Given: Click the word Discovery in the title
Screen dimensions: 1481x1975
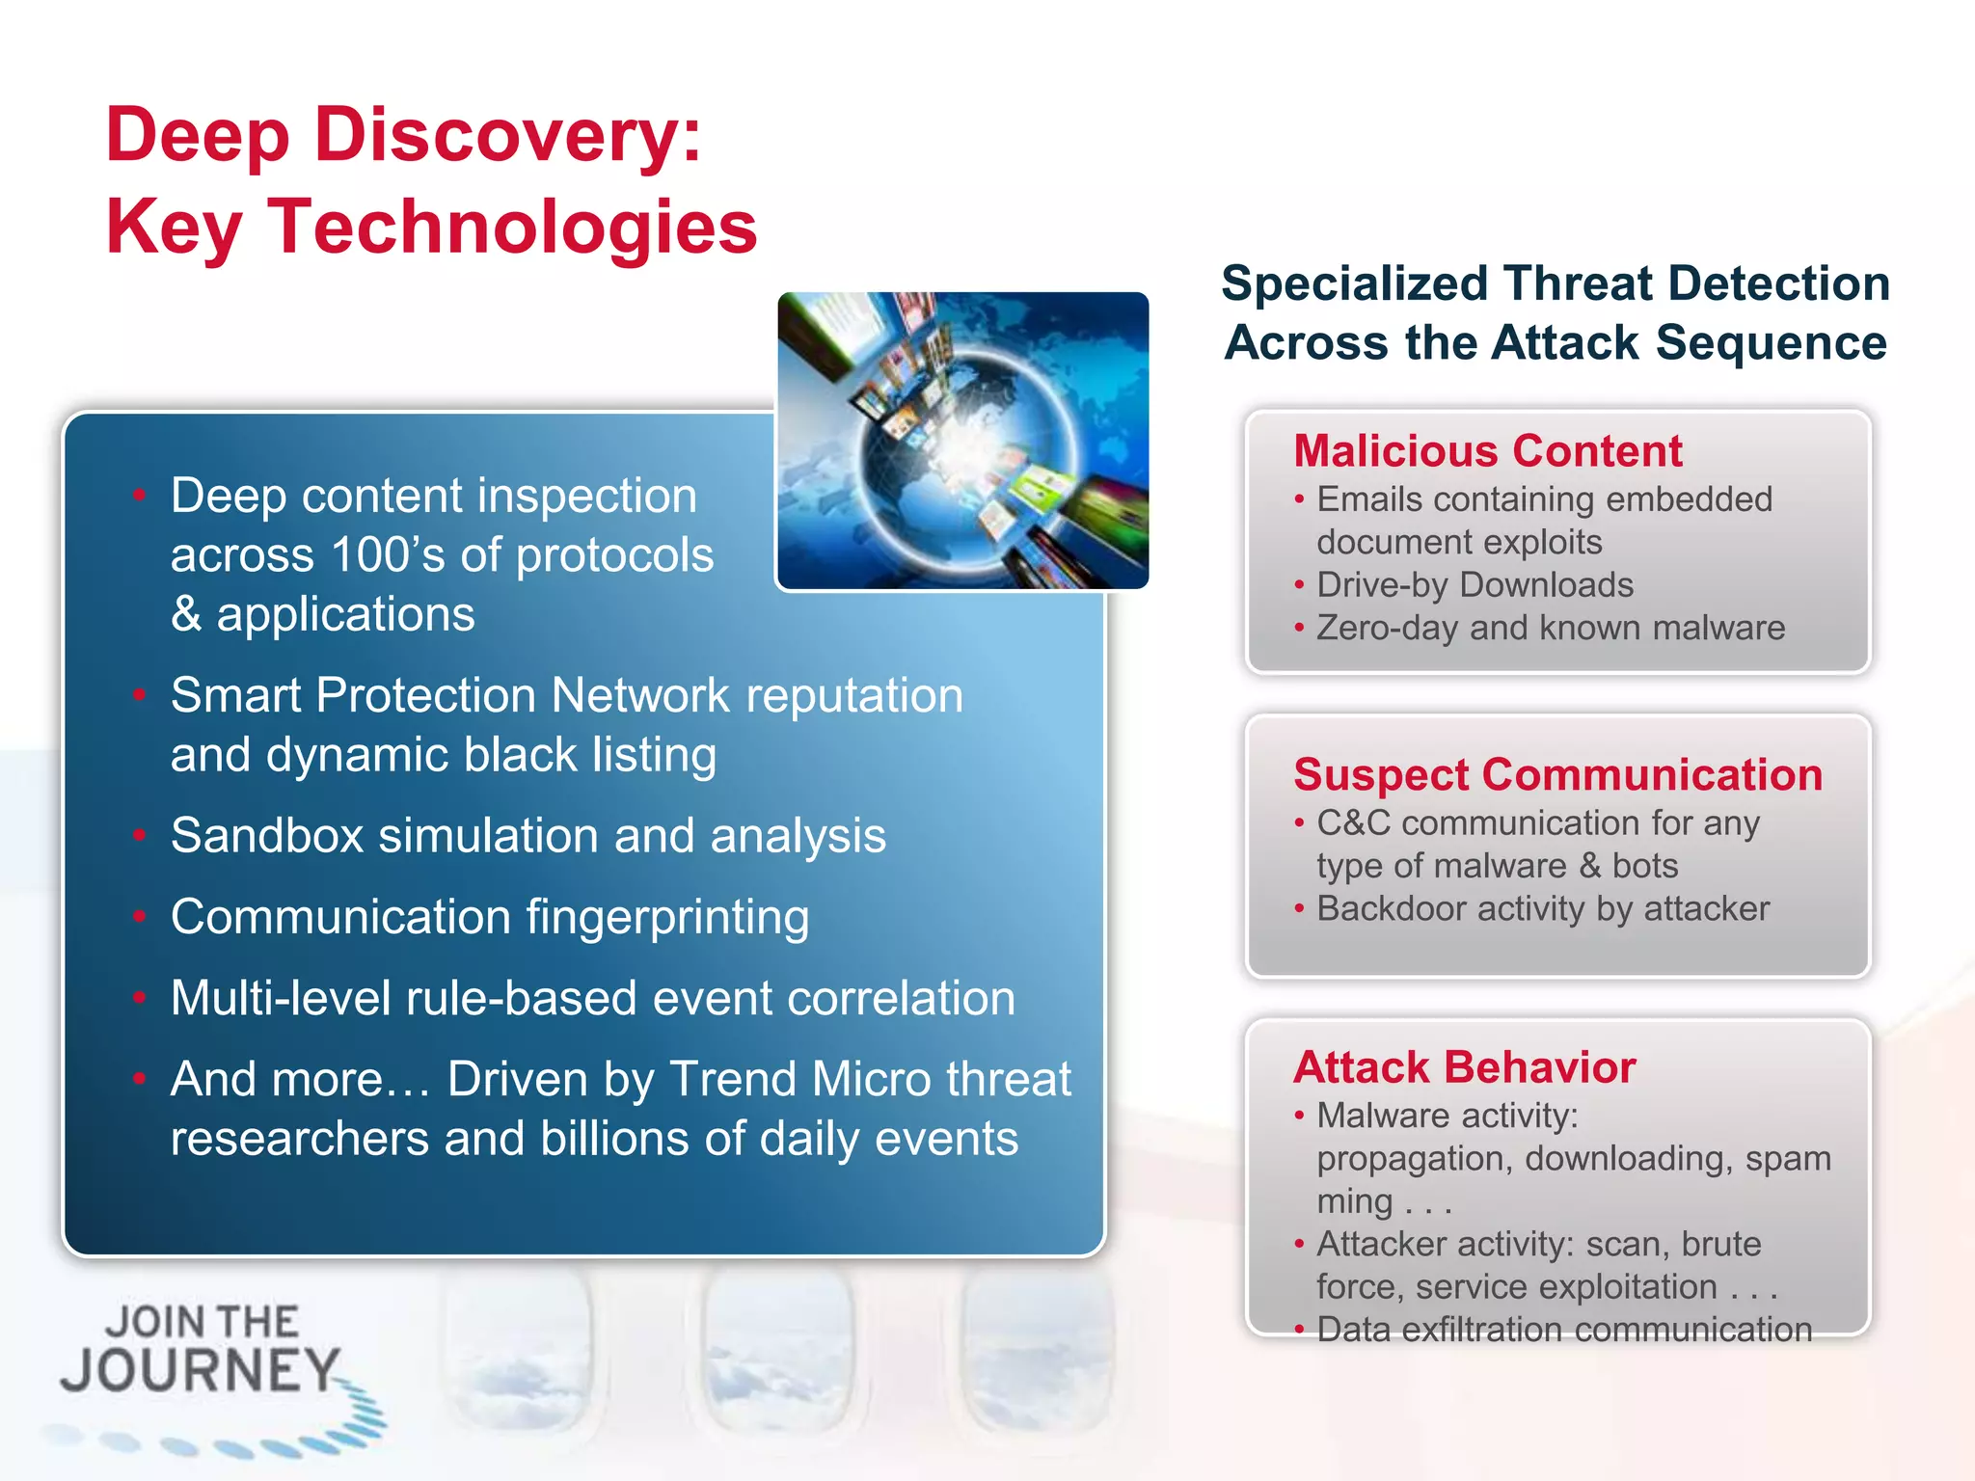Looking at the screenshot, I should [x=507, y=136].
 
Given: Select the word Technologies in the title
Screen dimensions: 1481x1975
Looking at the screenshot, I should [x=512, y=228].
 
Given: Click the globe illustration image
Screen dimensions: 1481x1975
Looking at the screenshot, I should [x=962, y=441].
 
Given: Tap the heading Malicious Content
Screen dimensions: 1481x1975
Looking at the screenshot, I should [x=1487, y=451].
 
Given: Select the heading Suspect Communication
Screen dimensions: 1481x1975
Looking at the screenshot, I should [x=1557, y=775].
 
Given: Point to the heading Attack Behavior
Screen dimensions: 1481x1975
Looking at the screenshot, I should [x=1464, y=1067].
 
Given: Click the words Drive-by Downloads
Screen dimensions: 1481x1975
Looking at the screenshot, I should [x=1474, y=585].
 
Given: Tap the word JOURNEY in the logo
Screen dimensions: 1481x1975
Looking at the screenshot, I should [x=201, y=1370].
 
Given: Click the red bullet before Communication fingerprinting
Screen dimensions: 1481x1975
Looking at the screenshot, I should [x=140, y=917].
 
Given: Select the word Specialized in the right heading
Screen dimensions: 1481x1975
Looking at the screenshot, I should [x=1355, y=284].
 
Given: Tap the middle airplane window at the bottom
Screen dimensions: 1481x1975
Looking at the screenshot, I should [x=777, y=1350].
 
